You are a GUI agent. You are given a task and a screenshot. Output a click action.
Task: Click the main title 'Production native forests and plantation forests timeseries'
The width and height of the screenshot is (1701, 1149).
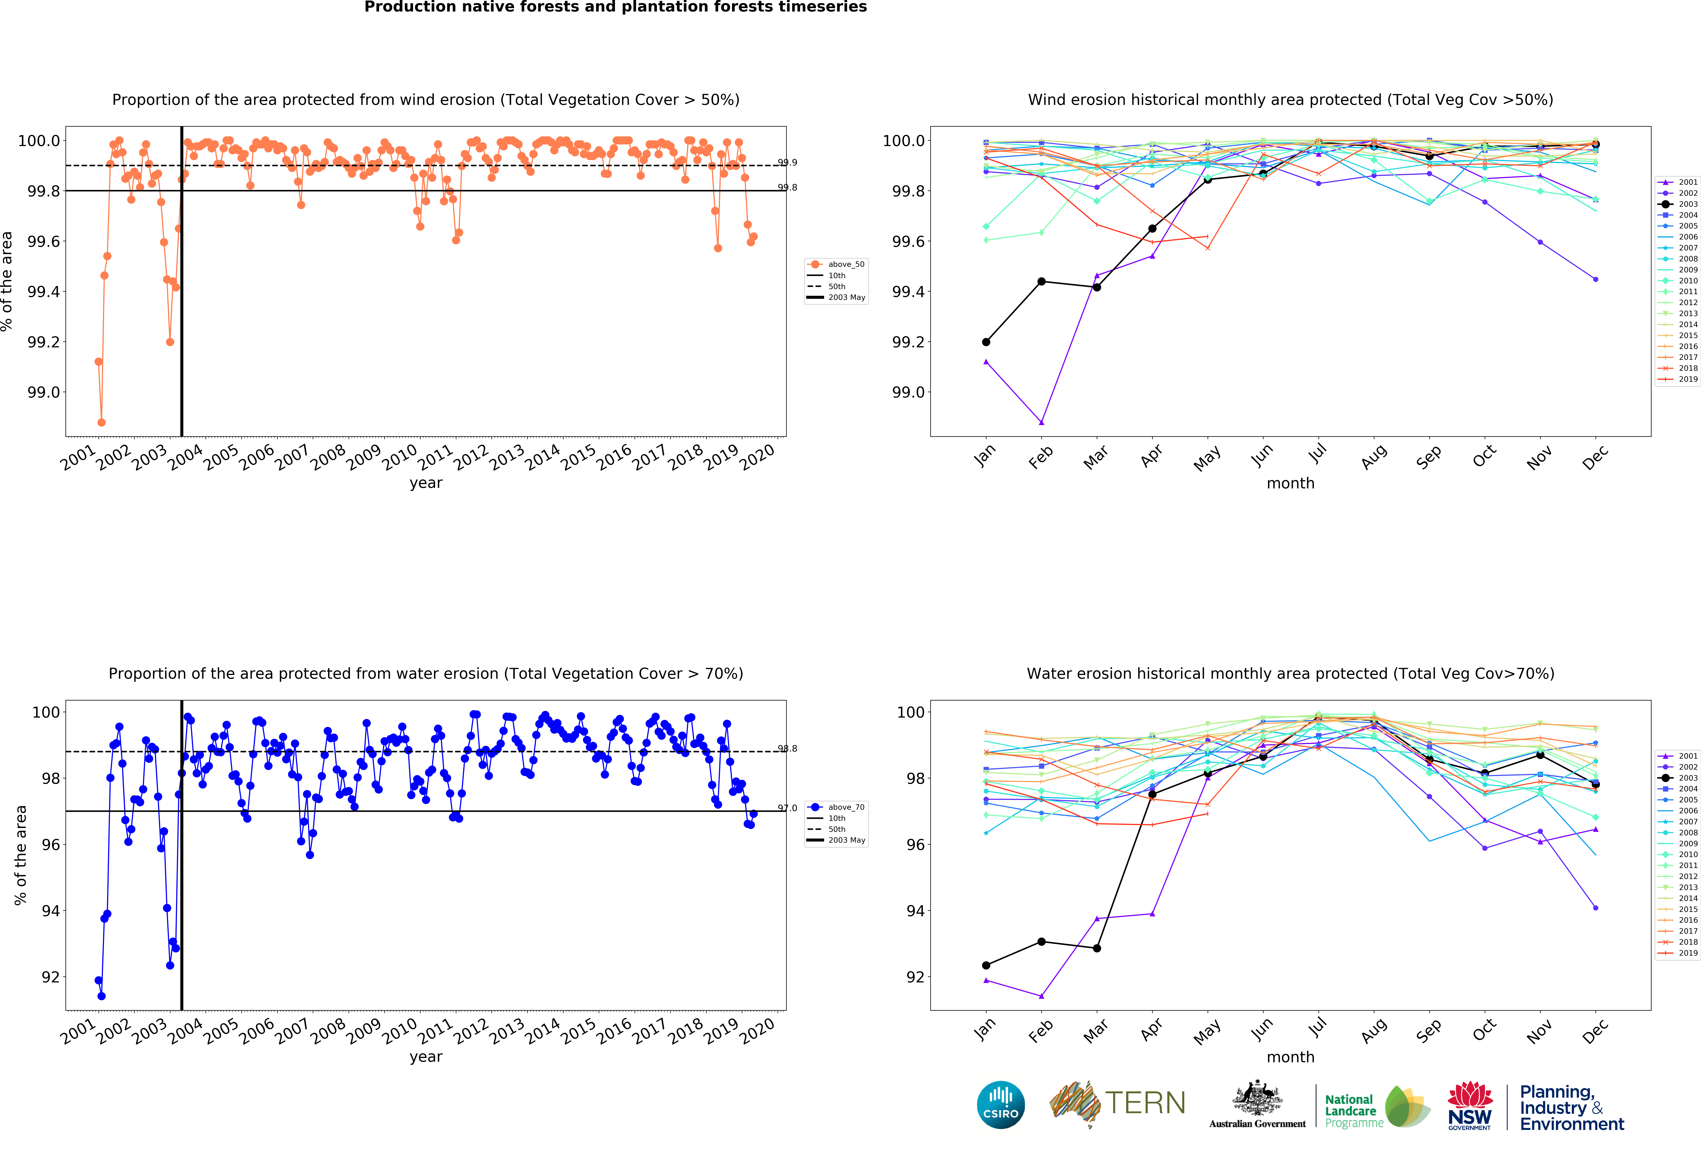pos(616,7)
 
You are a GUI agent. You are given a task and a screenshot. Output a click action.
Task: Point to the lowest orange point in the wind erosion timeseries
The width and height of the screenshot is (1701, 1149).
pos(102,422)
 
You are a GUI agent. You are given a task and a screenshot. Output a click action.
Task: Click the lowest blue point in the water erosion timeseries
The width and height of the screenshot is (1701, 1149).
pos(102,996)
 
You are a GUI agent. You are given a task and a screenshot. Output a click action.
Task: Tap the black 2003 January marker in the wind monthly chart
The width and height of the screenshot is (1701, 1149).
pos(986,342)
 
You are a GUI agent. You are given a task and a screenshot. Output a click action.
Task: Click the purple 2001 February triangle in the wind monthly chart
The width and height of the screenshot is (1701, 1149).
pos(1042,422)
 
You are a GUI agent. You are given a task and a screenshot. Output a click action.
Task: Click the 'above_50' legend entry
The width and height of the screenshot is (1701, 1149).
pos(846,264)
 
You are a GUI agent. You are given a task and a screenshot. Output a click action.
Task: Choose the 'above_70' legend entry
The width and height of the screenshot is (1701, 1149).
pos(846,807)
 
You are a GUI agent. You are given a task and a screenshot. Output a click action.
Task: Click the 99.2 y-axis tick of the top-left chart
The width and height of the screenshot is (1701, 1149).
pos(44,342)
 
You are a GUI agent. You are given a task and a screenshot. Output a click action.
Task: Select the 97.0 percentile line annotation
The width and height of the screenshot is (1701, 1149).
pos(788,808)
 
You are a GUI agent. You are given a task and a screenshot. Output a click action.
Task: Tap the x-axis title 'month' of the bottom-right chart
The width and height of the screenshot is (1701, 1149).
pos(1290,1057)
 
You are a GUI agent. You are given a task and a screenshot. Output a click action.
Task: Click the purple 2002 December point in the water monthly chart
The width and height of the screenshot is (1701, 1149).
pos(1596,908)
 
